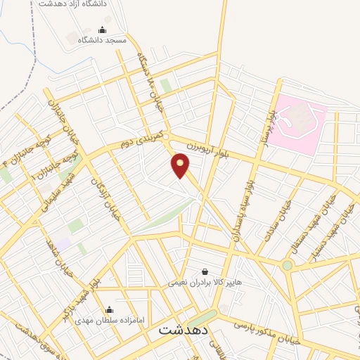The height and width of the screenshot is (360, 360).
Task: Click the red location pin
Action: click(x=180, y=166)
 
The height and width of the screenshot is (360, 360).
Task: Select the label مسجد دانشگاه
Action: click(x=103, y=40)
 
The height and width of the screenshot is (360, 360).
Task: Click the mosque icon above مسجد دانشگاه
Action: click(x=103, y=30)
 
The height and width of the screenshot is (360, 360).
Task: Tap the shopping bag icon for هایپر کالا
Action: click(x=205, y=271)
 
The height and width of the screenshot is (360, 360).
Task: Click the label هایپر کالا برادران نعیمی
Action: click(x=205, y=283)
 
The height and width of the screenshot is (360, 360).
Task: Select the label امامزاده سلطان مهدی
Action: click(x=110, y=320)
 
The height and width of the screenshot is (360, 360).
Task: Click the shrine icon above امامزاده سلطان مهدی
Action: click(x=109, y=309)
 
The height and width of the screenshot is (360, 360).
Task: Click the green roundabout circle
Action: click(x=287, y=265)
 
